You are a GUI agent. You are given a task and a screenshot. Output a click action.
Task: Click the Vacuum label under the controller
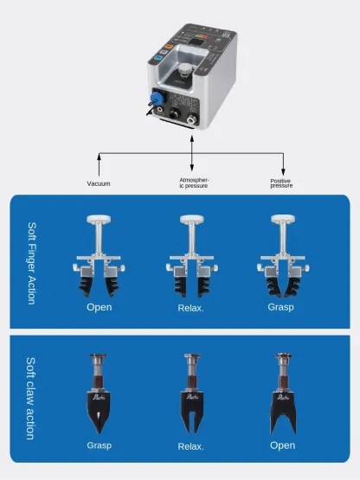(99, 183)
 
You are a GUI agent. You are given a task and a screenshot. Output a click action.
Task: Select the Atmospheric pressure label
(194, 182)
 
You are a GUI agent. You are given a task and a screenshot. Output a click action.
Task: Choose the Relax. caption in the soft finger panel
(190, 307)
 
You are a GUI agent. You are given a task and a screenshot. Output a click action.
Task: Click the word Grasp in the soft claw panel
(99, 445)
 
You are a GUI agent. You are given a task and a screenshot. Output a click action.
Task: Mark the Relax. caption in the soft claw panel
(190, 446)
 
